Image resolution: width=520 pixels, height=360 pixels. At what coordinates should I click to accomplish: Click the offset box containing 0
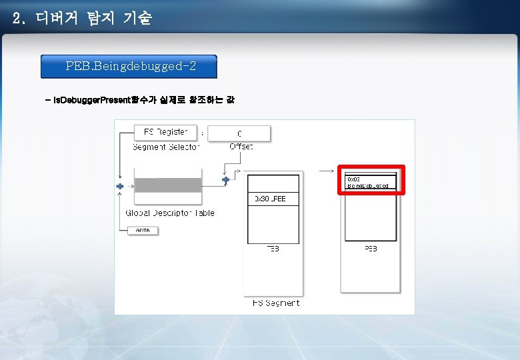tap(239, 133)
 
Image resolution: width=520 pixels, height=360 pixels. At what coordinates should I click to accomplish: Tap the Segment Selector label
tap(165, 147)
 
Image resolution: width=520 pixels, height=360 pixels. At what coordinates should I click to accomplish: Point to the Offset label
tap(241, 147)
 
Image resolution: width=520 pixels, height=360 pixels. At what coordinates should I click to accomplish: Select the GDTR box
tap(143, 230)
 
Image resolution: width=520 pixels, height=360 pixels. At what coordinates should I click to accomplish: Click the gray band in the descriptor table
tap(167, 185)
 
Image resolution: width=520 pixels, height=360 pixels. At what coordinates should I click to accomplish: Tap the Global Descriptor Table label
tap(170, 213)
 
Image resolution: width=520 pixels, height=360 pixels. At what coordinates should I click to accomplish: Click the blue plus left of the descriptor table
tap(120, 186)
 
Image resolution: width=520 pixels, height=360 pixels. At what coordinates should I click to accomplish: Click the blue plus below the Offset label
tap(225, 179)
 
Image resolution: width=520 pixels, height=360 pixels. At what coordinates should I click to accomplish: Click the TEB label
tap(273, 249)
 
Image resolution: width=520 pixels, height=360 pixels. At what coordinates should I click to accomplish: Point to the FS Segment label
tap(275, 303)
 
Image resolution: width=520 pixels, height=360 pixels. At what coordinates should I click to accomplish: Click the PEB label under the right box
tap(371, 249)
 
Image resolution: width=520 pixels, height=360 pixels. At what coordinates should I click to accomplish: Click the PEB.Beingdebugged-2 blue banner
tap(129, 67)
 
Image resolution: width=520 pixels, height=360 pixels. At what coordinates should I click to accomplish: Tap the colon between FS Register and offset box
tap(202, 132)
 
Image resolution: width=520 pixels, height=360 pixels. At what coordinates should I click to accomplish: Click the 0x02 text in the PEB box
tap(353, 179)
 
